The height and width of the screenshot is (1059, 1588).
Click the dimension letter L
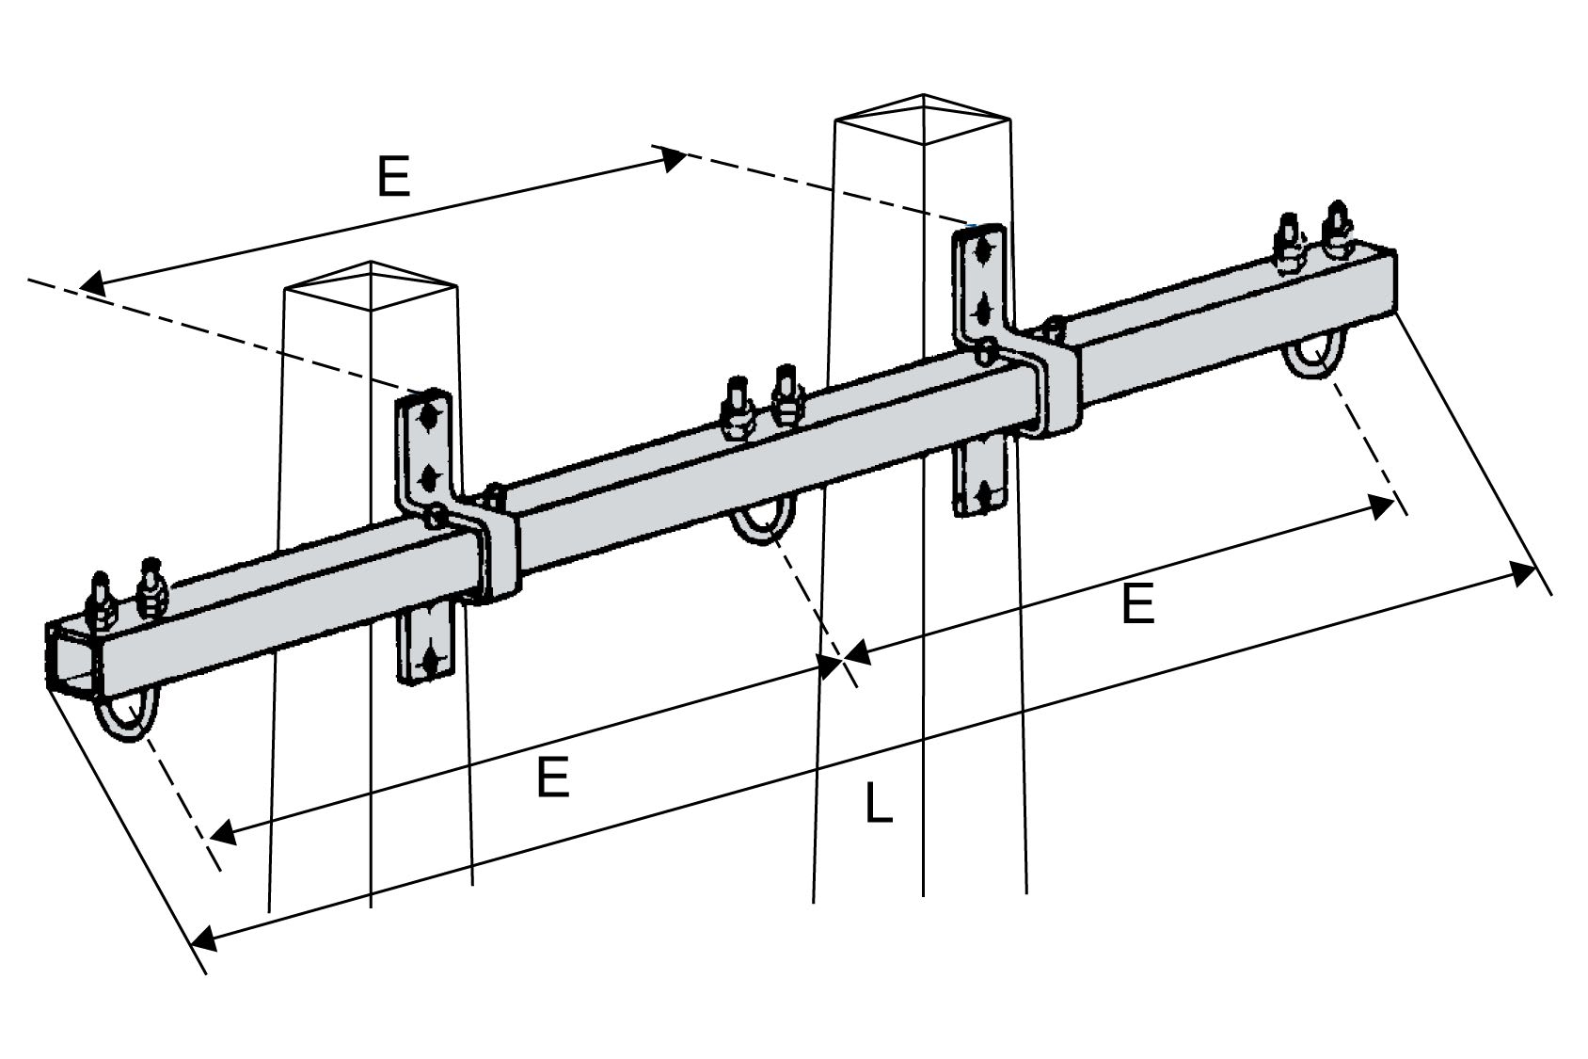click(x=878, y=806)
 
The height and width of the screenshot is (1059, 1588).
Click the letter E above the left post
click(x=394, y=176)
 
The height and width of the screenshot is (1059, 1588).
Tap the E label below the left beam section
click(x=553, y=778)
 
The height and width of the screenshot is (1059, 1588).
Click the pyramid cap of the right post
click(x=923, y=118)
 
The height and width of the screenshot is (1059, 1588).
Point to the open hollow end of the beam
click(x=71, y=657)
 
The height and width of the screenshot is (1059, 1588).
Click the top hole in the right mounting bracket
click(x=982, y=251)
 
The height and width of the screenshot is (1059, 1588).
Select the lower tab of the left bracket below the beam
click(x=429, y=646)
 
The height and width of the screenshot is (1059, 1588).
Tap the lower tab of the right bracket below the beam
click(x=980, y=480)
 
